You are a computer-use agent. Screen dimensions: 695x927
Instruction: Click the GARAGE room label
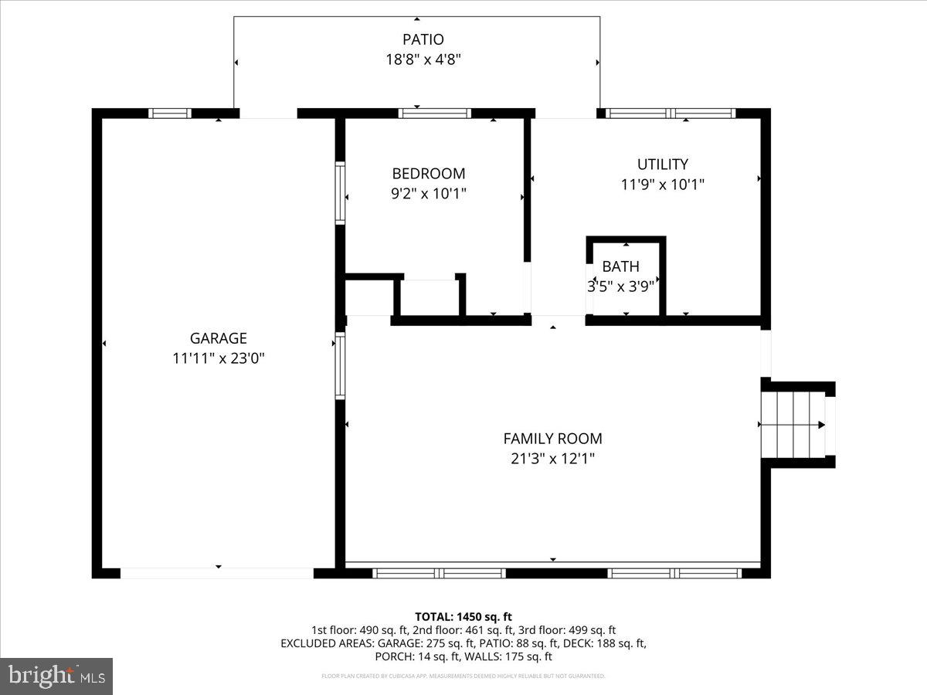[x=219, y=338]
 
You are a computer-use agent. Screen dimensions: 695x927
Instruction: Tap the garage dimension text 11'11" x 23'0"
[x=219, y=358]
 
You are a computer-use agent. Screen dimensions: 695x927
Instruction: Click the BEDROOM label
[x=429, y=174]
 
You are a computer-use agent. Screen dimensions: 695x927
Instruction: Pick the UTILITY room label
[x=662, y=164]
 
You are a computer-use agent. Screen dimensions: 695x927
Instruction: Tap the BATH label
[x=620, y=267]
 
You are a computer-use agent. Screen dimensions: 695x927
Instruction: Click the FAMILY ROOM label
[x=552, y=439]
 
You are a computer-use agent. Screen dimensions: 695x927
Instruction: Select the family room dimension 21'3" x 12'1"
[x=552, y=459]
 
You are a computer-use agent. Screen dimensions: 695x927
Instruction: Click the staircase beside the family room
[x=793, y=425]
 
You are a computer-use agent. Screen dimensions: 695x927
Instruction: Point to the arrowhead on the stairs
[x=821, y=425]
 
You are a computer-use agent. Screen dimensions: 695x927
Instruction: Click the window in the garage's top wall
[x=170, y=114]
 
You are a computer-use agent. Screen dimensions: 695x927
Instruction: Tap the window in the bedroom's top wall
[x=434, y=114]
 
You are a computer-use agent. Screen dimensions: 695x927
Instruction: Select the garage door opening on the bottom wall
[x=217, y=573]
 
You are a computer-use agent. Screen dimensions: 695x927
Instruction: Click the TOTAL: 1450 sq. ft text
[x=463, y=616]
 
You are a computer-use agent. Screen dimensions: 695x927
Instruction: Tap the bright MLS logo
[x=56, y=676]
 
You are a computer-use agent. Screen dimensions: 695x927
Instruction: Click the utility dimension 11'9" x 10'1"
[x=662, y=185]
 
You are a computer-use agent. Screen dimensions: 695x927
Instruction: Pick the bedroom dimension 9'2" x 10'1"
[x=429, y=194]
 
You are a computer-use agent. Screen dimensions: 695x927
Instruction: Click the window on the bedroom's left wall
[x=340, y=193]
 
